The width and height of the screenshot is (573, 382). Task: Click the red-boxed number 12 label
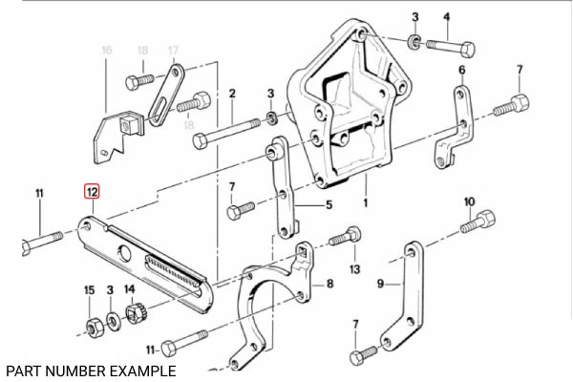point(93,192)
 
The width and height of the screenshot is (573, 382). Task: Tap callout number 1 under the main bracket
point(364,202)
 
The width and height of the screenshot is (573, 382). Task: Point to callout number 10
point(469,202)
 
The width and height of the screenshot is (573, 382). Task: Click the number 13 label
point(354,270)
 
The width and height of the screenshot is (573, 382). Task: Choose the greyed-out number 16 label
point(106,49)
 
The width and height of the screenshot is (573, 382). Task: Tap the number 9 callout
point(381,283)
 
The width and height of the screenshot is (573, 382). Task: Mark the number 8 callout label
point(329,284)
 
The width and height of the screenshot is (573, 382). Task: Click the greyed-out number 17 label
point(173,49)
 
